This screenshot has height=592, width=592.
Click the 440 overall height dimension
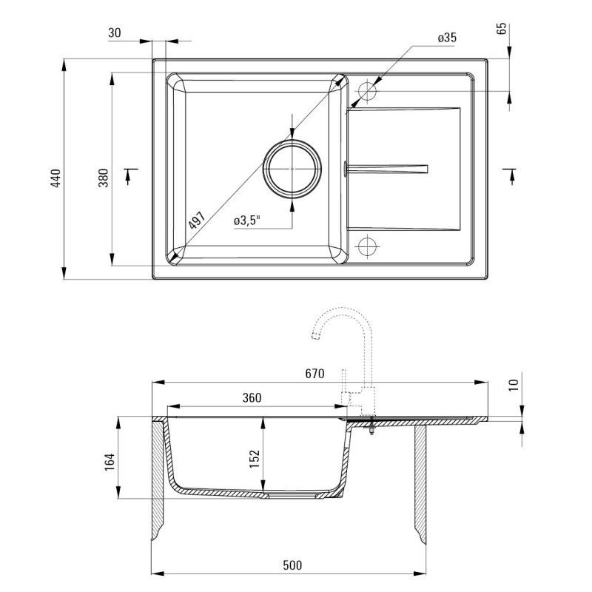click(55, 178)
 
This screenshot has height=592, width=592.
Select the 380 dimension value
click(103, 178)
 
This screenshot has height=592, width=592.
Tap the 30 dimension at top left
click(115, 33)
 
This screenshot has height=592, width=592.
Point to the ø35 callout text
click(447, 38)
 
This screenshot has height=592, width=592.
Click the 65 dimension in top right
click(502, 29)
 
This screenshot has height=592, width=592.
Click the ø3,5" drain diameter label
click(247, 220)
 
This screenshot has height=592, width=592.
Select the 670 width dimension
click(314, 374)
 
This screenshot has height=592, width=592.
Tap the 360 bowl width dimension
click(252, 397)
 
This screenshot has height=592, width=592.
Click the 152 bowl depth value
click(255, 459)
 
